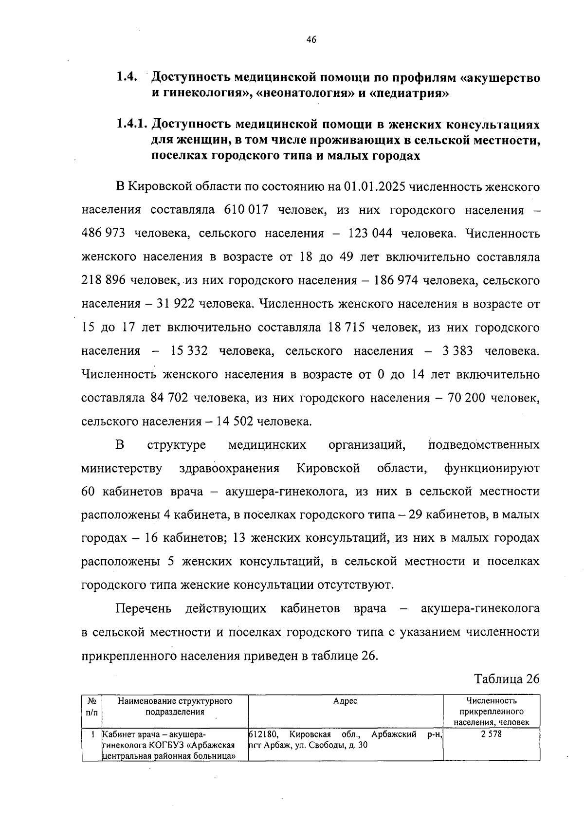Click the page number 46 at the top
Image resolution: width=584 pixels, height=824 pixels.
(x=311, y=40)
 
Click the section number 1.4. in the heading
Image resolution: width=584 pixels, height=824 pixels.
(x=127, y=77)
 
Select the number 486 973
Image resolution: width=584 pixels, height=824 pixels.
(x=103, y=234)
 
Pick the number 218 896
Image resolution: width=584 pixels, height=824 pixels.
(x=103, y=281)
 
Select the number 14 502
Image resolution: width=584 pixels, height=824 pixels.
(x=231, y=421)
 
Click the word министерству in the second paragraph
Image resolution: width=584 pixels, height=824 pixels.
(x=122, y=468)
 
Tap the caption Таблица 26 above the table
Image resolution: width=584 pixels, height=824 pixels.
(x=506, y=679)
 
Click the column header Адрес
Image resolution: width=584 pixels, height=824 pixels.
(x=345, y=701)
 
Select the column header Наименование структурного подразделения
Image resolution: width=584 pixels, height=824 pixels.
(x=175, y=706)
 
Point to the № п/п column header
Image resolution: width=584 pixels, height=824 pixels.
(x=91, y=706)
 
